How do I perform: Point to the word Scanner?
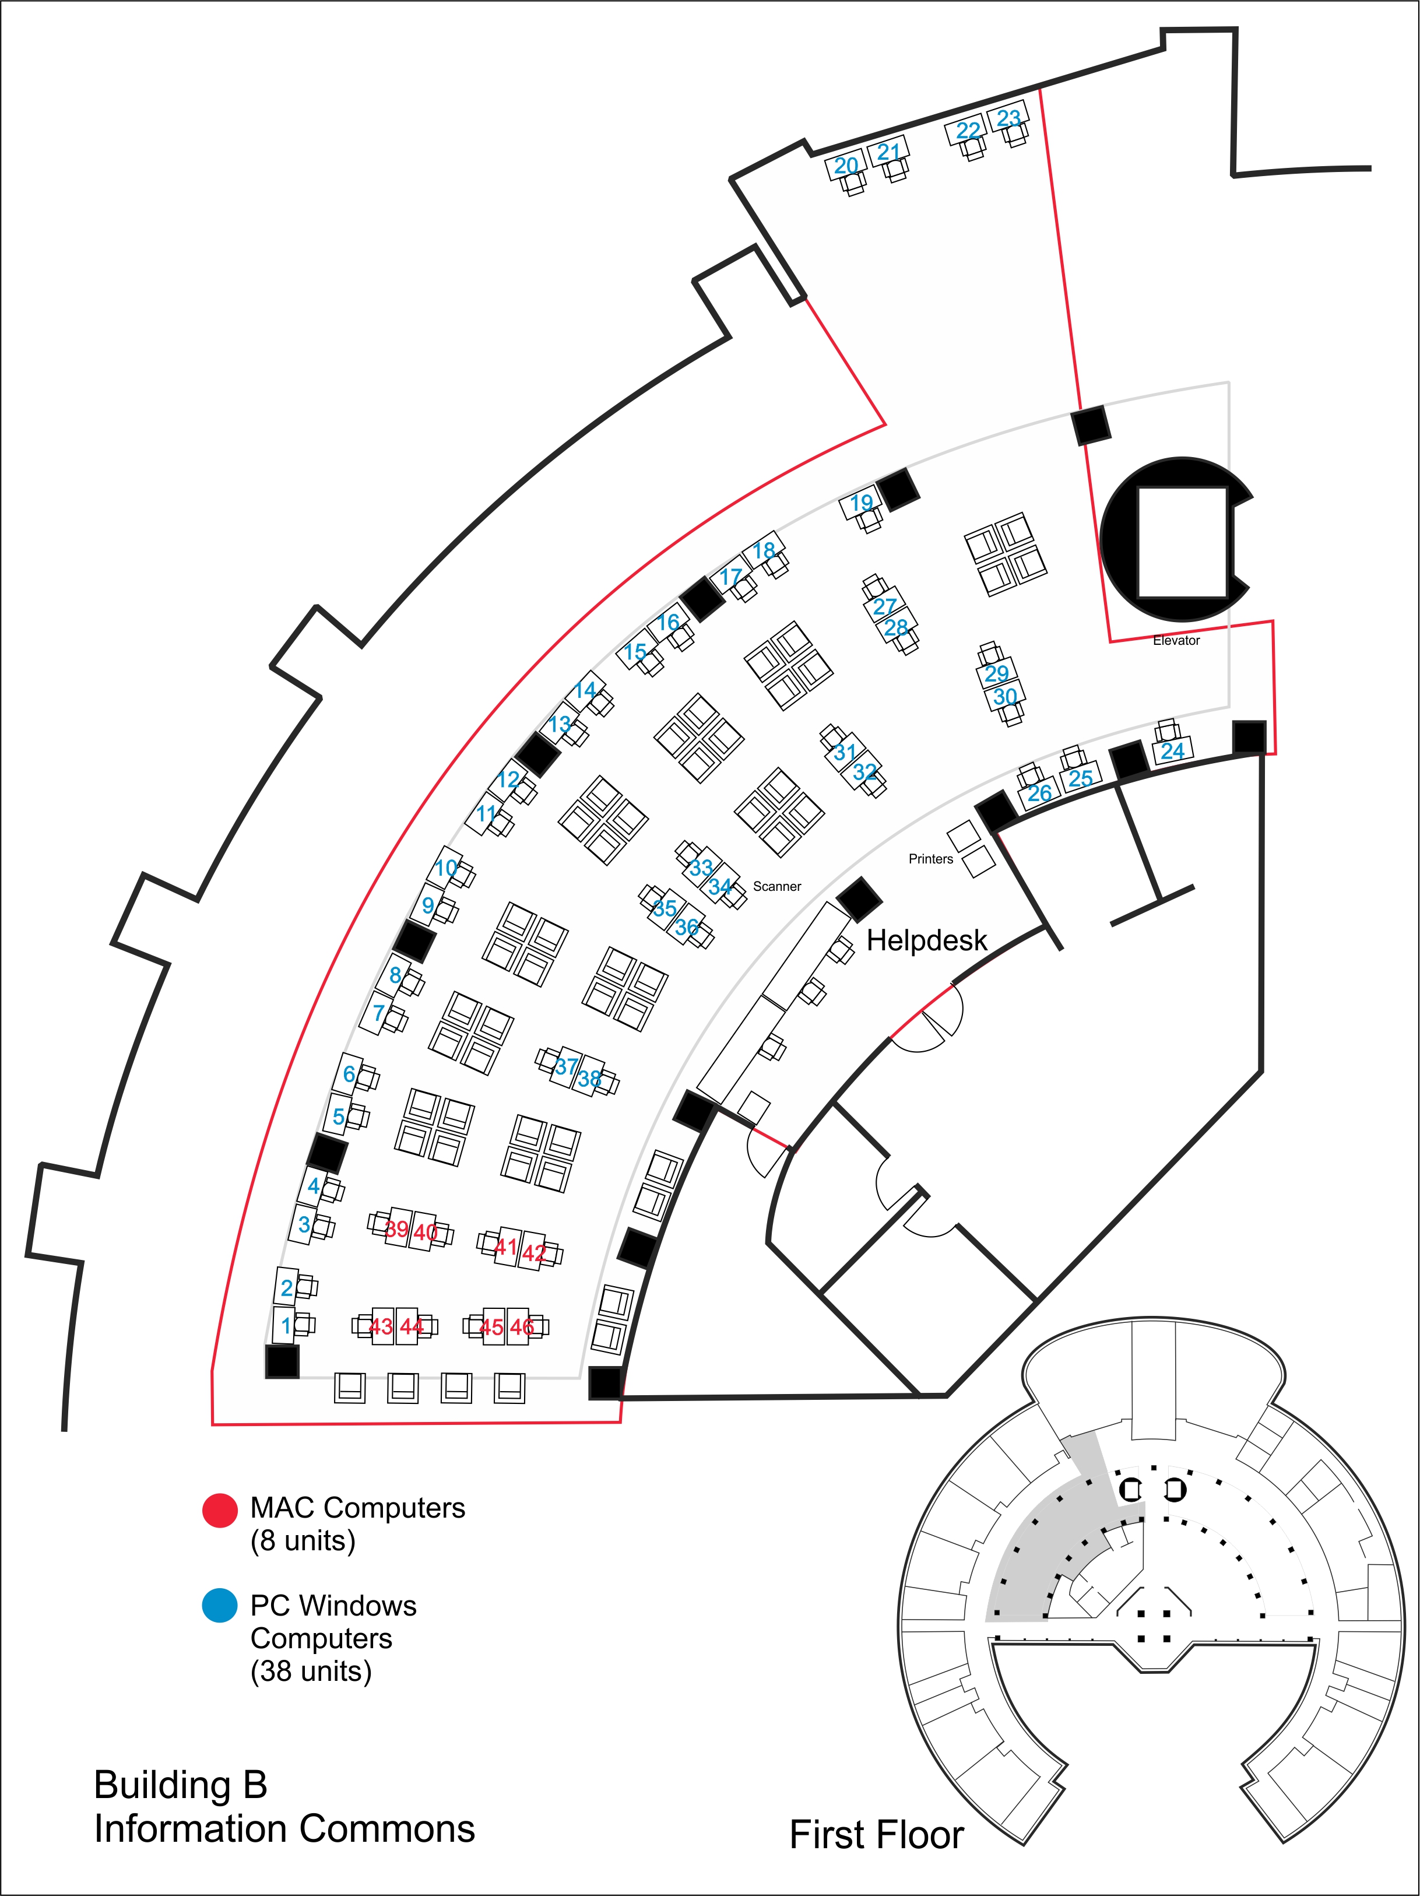pos(776,886)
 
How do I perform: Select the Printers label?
pos(931,859)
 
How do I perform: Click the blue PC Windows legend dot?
pos(219,1606)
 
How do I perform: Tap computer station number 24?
pos(1172,751)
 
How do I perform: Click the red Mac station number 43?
pos(381,1327)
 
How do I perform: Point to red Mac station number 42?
pos(534,1253)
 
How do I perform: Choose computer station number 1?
pos(286,1328)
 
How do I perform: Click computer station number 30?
pos(1004,697)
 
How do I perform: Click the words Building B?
pos(181,1785)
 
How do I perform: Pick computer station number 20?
pos(846,166)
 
